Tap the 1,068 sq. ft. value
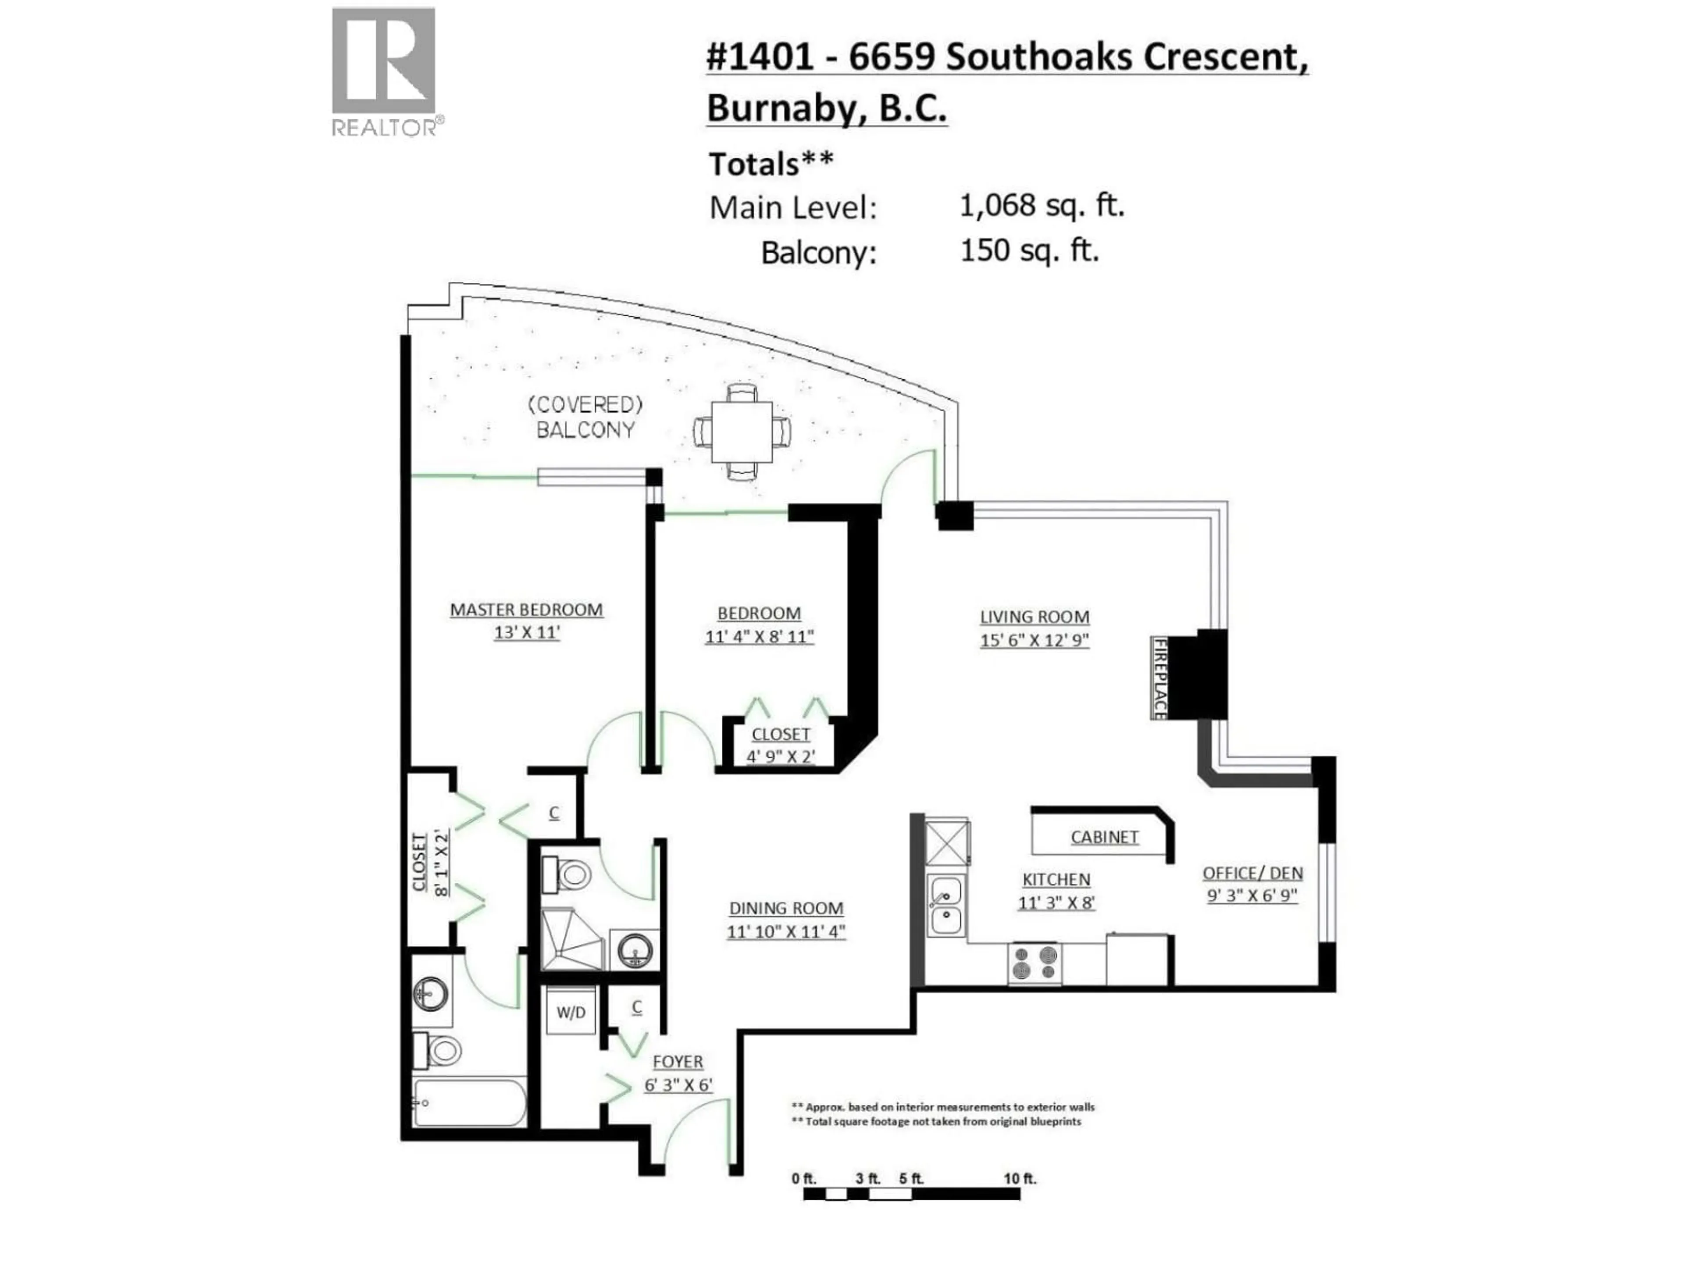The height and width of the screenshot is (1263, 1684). pyautogui.click(x=1042, y=206)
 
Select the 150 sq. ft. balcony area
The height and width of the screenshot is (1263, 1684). pyautogui.click(x=1029, y=250)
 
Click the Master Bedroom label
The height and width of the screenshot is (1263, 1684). pyautogui.click(x=526, y=610)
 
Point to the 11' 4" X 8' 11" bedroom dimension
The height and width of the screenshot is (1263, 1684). pyautogui.click(x=759, y=636)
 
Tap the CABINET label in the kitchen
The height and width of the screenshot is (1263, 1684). pyautogui.click(x=1104, y=837)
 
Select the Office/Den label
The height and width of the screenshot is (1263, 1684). pyautogui.click(x=1252, y=873)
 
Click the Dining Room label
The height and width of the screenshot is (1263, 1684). pyautogui.click(x=786, y=908)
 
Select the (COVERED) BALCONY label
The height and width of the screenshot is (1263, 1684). pyautogui.click(x=585, y=417)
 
